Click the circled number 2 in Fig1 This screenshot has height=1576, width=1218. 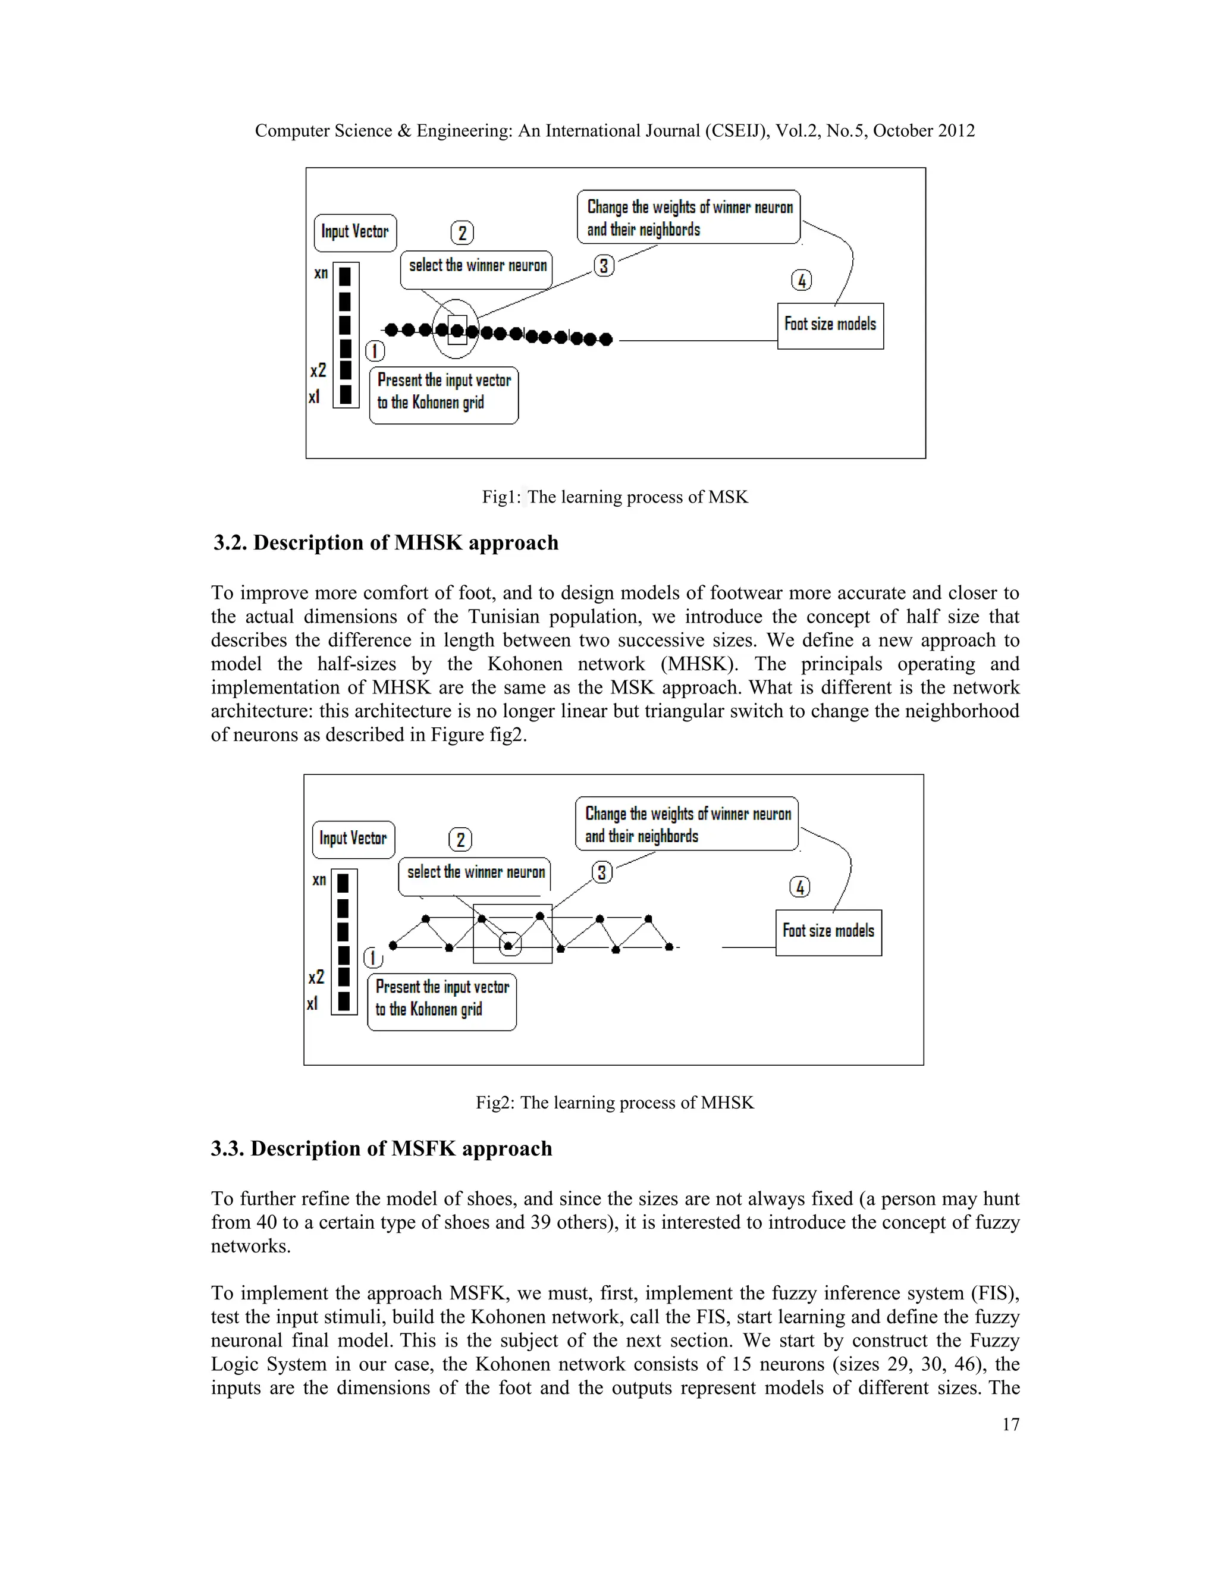(462, 233)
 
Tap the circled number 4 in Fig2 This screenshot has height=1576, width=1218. (799, 887)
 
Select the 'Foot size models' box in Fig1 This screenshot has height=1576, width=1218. (830, 325)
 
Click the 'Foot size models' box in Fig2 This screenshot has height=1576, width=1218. (828, 933)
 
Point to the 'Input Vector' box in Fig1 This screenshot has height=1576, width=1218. (355, 233)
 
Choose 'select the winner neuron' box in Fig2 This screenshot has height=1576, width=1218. (475, 875)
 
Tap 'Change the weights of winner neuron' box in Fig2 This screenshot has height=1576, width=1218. (687, 824)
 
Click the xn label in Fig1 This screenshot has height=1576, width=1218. (321, 274)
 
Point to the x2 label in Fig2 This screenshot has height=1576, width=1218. (316, 977)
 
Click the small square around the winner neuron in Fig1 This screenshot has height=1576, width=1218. (457, 331)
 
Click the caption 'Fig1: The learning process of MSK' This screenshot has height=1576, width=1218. (615, 497)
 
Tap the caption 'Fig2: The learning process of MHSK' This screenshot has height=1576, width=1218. (615, 1103)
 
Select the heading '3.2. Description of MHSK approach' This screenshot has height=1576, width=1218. (385, 542)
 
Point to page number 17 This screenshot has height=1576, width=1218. (1010, 1424)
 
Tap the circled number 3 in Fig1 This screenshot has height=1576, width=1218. (604, 266)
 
